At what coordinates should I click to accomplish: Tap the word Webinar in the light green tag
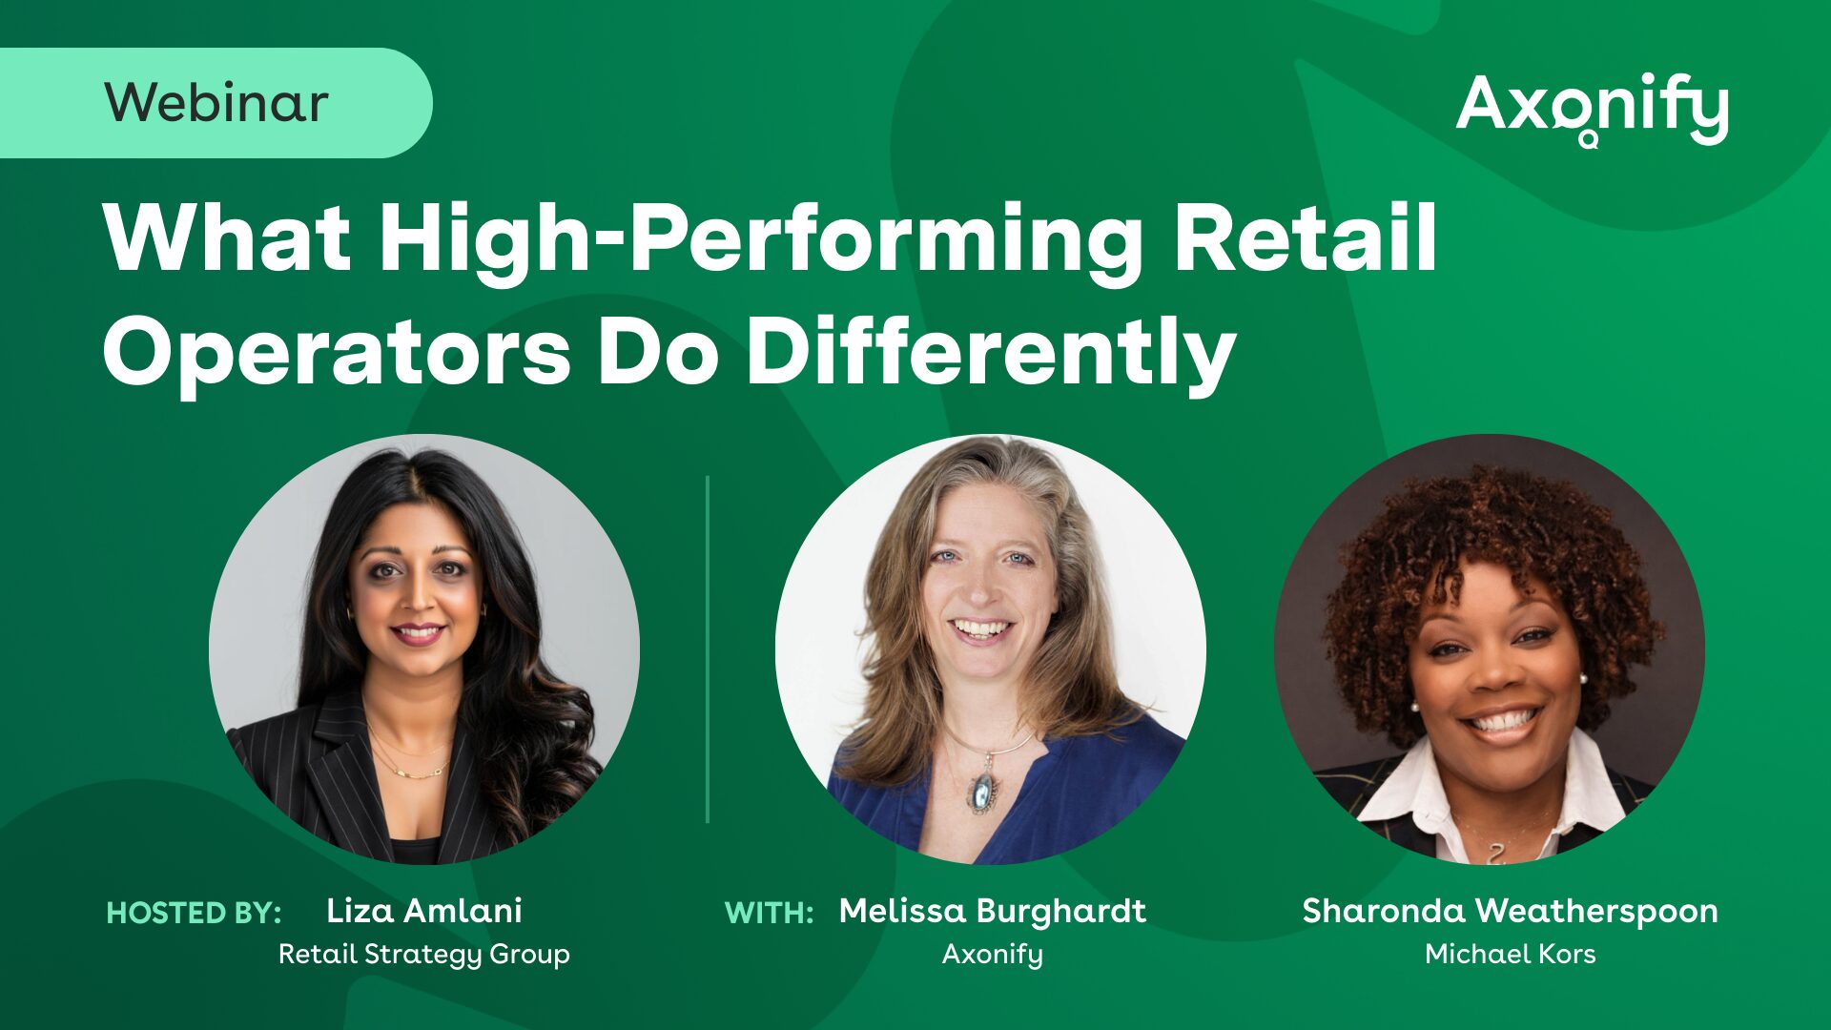[x=216, y=102]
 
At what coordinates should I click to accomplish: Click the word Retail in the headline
[x=1305, y=237]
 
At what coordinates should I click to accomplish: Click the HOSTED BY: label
[x=194, y=913]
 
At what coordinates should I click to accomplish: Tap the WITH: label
[x=769, y=913]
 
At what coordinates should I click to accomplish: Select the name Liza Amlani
[x=424, y=911]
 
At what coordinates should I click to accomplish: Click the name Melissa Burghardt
[x=993, y=911]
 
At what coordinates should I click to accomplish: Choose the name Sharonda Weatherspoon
[x=1510, y=911]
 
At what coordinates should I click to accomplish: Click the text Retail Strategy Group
[x=424, y=954]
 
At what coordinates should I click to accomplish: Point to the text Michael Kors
[x=1510, y=954]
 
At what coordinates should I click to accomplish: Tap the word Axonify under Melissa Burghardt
[x=993, y=954]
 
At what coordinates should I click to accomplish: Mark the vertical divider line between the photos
[x=708, y=649]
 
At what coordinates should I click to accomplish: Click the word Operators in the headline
[x=337, y=352]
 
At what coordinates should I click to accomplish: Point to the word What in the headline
[x=226, y=237]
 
